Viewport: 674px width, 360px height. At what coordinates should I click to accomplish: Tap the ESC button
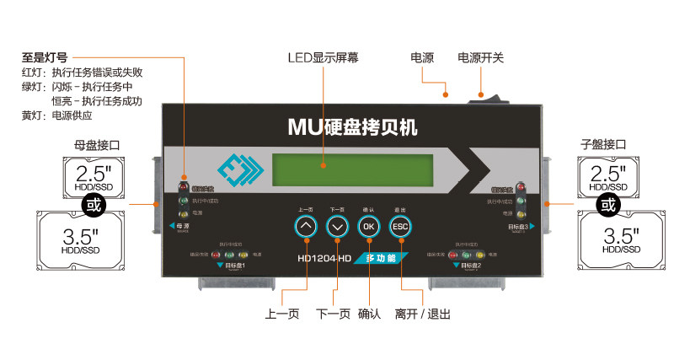point(400,226)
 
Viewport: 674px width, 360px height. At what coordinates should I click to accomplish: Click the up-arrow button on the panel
point(306,226)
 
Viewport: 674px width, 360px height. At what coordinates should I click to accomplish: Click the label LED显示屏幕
point(323,58)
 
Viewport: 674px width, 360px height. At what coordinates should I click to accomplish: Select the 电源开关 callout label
point(480,58)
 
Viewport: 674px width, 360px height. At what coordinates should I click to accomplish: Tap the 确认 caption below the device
point(369,314)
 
